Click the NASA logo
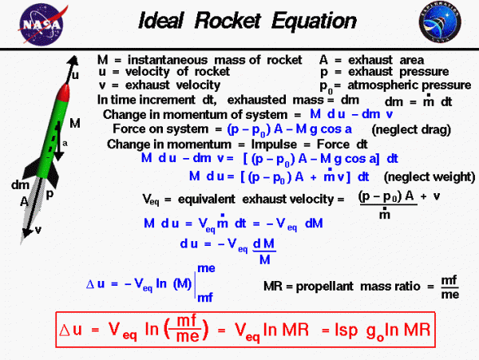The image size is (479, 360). pyautogui.click(x=42, y=25)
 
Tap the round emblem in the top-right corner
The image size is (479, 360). pyautogui.click(x=440, y=22)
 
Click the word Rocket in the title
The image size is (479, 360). pyautogui.click(x=228, y=21)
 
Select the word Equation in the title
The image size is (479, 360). pyautogui.click(x=314, y=22)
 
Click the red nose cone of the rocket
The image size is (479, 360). pyautogui.click(x=64, y=93)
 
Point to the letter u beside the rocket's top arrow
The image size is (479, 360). pyautogui.click(x=75, y=75)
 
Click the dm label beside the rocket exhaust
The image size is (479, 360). pyautogui.click(x=20, y=184)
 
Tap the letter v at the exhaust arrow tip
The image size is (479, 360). pyautogui.click(x=38, y=230)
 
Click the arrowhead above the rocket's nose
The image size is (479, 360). pyautogui.click(x=73, y=60)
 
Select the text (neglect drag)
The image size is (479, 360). pyautogui.click(x=411, y=130)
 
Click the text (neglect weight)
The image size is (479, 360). pyautogui.click(x=430, y=177)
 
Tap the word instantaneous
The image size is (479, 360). pyautogui.click(x=168, y=60)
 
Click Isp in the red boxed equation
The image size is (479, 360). pyautogui.click(x=346, y=330)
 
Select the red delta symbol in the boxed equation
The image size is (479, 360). pyautogui.click(x=65, y=330)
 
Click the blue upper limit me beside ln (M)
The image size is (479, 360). pyautogui.click(x=206, y=269)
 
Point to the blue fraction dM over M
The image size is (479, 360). pyautogui.click(x=264, y=251)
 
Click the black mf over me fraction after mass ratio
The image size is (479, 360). pyautogui.click(x=450, y=287)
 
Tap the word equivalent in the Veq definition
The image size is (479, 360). pyautogui.click(x=207, y=200)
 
